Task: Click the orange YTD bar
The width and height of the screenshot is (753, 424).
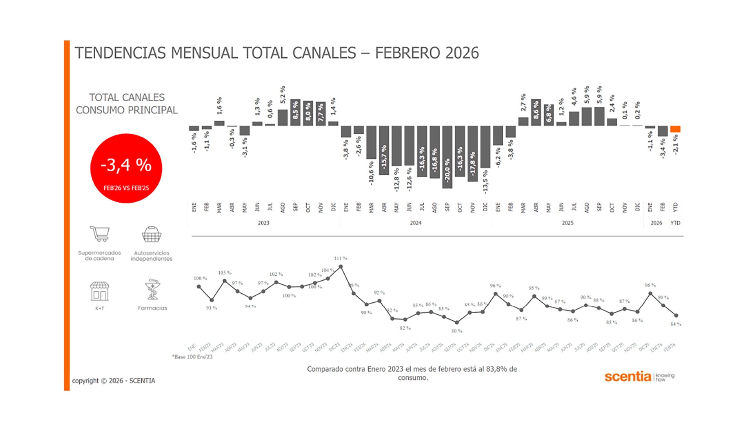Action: (675, 129)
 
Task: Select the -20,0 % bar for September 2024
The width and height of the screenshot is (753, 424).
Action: (447, 157)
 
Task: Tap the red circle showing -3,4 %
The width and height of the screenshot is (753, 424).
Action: (126, 168)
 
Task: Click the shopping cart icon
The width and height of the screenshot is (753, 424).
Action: (100, 234)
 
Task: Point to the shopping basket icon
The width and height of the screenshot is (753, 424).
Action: (151, 234)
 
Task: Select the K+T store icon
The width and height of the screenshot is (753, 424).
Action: (100, 291)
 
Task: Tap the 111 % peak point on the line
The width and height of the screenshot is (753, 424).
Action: (341, 267)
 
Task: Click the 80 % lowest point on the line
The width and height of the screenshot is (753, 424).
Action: (457, 322)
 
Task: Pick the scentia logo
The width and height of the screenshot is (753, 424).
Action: (627, 376)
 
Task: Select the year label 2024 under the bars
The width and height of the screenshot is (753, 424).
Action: (416, 223)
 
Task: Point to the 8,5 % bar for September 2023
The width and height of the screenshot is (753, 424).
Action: (295, 113)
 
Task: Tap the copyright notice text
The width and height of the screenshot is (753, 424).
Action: (114, 381)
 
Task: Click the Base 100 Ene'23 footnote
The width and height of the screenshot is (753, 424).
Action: (193, 357)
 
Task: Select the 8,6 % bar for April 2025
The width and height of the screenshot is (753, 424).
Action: (536, 113)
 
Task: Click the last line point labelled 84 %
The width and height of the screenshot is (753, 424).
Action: (676, 315)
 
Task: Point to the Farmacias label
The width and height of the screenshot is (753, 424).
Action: (153, 308)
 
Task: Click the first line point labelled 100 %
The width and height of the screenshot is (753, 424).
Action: (199, 287)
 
